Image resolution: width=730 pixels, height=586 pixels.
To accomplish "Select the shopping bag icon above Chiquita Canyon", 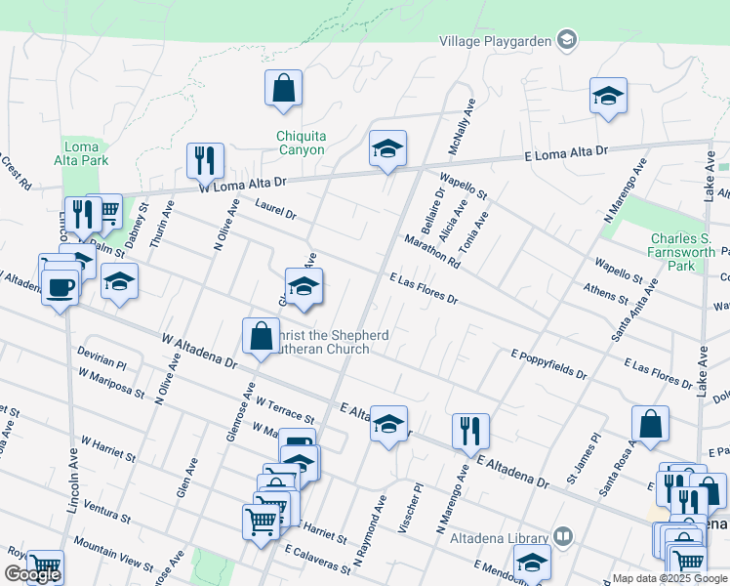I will click(282, 89).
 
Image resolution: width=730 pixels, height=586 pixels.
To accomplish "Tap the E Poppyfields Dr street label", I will click(549, 364).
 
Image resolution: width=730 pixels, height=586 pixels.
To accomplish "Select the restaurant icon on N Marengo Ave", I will click(470, 431).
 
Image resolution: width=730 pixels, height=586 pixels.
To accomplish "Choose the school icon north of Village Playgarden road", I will click(608, 96).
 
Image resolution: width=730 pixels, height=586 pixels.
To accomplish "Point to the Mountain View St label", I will click(112, 556).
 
